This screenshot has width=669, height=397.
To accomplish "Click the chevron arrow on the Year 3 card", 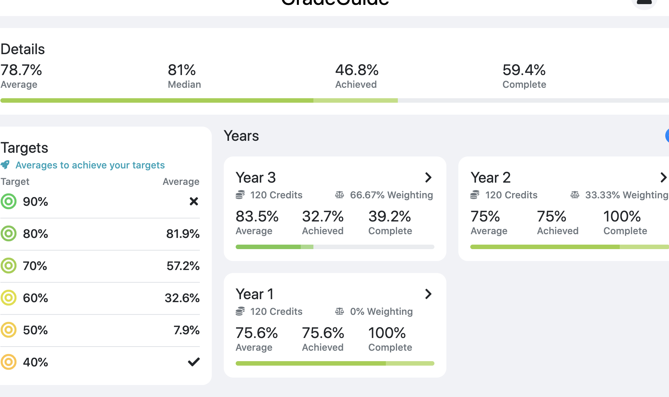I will [x=428, y=177].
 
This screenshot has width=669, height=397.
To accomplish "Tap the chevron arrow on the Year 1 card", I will [x=428, y=294].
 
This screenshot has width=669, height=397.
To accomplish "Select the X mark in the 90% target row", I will [x=193, y=202].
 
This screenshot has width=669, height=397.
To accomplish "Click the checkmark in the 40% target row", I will [x=193, y=362].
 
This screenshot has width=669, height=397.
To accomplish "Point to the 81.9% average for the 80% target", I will [x=183, y=234].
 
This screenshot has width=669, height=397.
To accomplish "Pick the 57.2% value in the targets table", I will [x=183, y=266].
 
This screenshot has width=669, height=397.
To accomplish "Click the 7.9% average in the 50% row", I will [x=186, y=330].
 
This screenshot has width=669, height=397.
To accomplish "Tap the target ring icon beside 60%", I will [x=9, y=298].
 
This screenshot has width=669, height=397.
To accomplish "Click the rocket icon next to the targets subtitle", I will [x=5, y=165].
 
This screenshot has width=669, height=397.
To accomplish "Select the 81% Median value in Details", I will [x=182, y=70].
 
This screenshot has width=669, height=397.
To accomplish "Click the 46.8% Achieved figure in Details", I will [x=357, y=70].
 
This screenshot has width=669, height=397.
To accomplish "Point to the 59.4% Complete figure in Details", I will [x=524, y=70].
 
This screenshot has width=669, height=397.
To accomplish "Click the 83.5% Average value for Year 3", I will [x=257, y=217].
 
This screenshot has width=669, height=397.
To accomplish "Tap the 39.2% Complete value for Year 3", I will [x=389, y=217].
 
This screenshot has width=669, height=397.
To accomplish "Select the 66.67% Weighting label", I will [x=391, y=195].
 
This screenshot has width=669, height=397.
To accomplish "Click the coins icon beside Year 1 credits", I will [x=240, y=311].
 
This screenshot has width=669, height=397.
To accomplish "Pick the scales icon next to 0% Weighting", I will [x=339, y=311].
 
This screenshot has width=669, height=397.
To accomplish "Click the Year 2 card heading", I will [x=490, y=178].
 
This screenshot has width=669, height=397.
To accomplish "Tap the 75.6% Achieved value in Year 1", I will [x=323, y=333].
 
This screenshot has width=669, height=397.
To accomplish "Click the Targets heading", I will [x=25, y=148].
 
